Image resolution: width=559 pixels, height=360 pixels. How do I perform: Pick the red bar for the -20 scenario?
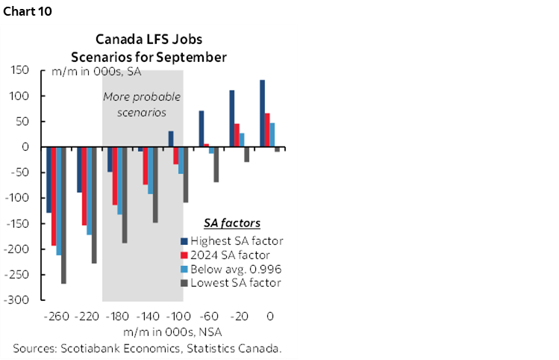tap(237, 135)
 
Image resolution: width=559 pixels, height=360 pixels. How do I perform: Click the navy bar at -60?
tap(202, 128)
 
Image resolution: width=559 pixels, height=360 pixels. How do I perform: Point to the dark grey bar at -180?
tap(124, 195)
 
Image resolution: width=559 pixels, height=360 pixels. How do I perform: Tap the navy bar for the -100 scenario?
tap(171, 139)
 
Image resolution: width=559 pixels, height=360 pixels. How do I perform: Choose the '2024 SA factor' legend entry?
tap(230, 255)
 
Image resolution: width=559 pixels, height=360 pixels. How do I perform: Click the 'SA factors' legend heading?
tap(232, 223)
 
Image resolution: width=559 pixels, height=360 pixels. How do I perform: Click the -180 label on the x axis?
tap(117, 316)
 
